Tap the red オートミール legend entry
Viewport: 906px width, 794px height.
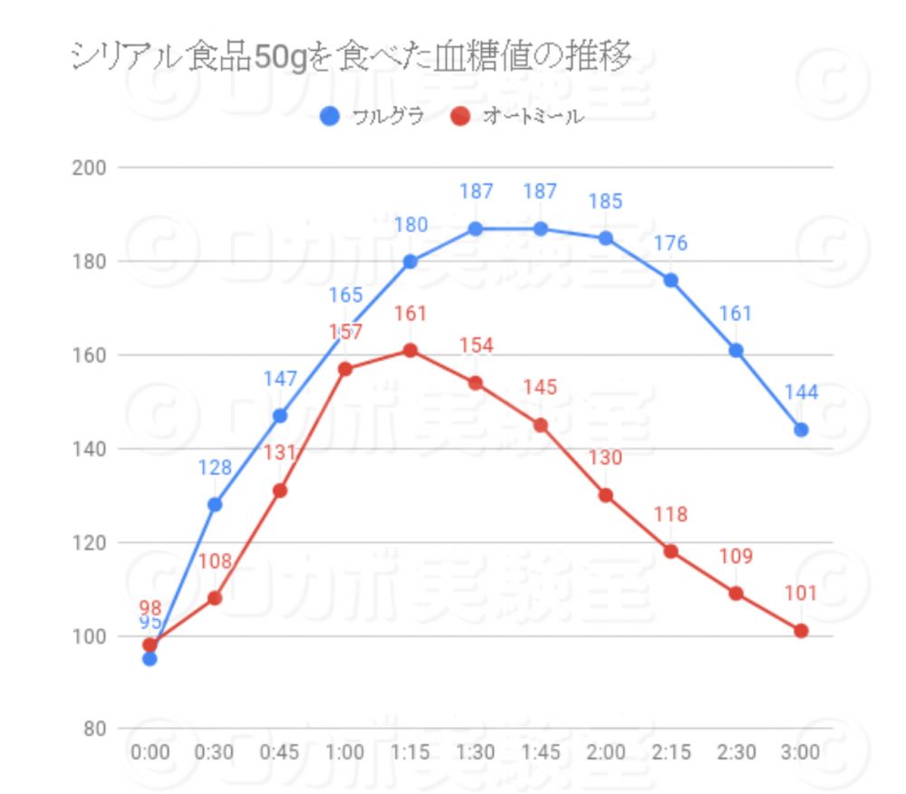(x=516, y=117)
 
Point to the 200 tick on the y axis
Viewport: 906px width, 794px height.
(x=92, y=168)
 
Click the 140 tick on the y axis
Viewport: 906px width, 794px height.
(x=92, y=449)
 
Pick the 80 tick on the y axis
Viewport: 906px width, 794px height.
(x=94, y=730)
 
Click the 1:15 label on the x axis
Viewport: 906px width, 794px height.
(x=410, y=752)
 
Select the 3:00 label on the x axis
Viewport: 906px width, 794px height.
(x=801, y=752)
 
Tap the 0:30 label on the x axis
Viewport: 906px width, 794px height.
(x=215, y=752)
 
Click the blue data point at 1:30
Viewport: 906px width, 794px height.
(x=476, y=228)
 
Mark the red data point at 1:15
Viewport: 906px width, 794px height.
(x=410, y=351)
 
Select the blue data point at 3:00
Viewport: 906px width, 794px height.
(x=801, y=430)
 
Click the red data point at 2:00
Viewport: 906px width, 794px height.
(x=605, y=495)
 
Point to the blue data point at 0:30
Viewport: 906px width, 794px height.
(x=215, y=504)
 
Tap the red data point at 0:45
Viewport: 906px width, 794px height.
(x=280, y=490)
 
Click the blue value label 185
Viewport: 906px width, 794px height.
(x=605, y=201)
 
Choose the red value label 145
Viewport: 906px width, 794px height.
(x=540, y=388)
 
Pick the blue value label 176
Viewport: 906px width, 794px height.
(x=670, y=243)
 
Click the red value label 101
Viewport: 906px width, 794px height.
(x=801, y=594)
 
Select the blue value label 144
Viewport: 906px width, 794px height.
(x=801, y=392)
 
